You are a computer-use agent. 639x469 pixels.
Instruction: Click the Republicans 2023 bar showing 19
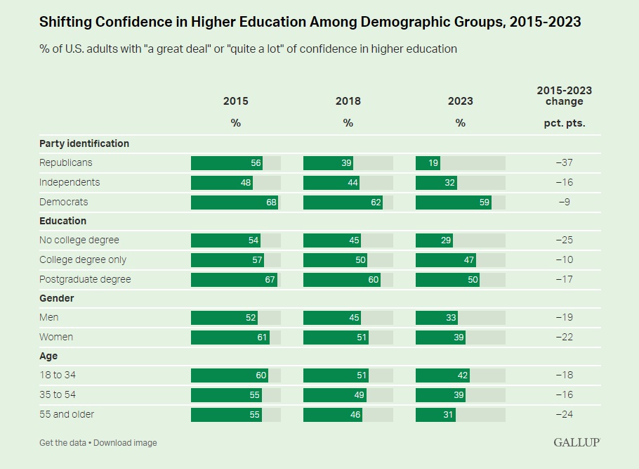[428, 163]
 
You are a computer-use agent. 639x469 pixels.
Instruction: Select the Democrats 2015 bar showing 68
[235, 203]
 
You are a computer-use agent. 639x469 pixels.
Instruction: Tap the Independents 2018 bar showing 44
[332, 183]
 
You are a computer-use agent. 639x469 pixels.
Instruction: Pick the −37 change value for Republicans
[564, 163]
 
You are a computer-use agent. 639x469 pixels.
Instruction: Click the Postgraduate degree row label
[85, 279]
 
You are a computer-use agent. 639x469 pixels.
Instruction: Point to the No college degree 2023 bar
[434, 240]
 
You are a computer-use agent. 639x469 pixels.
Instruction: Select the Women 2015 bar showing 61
[230, 337]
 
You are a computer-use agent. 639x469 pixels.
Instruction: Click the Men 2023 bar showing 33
[437, 318]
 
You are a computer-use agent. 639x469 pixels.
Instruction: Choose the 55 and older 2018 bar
[333, 414]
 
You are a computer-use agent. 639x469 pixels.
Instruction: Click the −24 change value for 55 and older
[564, 414]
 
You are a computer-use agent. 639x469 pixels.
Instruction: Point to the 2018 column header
[348, 101]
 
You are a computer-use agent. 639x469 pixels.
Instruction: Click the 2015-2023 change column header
[564, 96]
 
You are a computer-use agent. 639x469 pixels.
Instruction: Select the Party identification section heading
[84, 143]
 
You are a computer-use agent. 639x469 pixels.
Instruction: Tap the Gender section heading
[57, 298]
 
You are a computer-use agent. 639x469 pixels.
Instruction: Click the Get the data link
[63, 443]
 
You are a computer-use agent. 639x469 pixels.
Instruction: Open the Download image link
[126, 443]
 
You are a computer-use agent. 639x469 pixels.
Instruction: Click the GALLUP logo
[576, 442]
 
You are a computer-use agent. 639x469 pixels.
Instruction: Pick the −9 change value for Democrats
[564, 203]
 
